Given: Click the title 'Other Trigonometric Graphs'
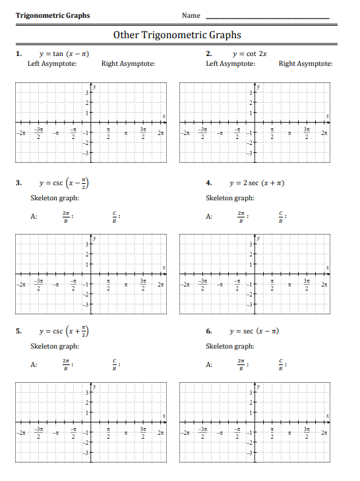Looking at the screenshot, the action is click(177, 35).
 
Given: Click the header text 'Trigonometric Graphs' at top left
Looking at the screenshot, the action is click(53, 15).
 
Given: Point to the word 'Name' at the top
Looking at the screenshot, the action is click(191, 15).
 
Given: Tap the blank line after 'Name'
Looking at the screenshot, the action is click(268, 16).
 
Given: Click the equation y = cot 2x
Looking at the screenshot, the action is click(250, 53).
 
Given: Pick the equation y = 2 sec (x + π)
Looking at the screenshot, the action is click(256, 183).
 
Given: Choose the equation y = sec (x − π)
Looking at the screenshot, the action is click(254, 330).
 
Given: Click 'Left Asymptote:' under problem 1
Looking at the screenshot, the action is click(53, 64).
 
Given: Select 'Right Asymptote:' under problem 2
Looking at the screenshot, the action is click(305, 64).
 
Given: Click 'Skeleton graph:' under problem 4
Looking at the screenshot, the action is click(230, 198).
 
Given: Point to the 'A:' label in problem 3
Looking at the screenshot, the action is click(34, 216).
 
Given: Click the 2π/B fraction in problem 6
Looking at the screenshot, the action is click(241, 364).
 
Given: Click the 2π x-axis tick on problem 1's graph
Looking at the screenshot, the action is click(160, 134).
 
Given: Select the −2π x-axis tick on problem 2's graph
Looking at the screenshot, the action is click(186, 134).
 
